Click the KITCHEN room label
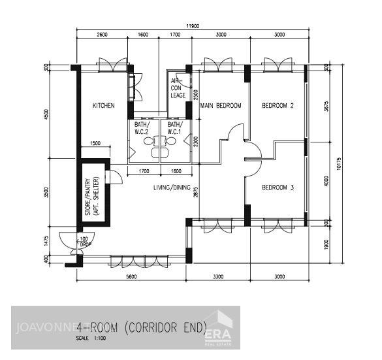[103, 105]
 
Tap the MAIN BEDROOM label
[221, 105]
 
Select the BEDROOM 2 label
[278, 105]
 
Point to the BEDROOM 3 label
[278, 188]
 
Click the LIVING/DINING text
[172, 188]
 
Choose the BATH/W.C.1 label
[174, 127]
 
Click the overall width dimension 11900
[192, 26]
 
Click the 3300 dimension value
[218, 276]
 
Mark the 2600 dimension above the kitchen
[103, 35]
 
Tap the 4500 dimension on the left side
[46, 114]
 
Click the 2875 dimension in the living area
[196, 191]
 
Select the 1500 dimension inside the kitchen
[95, 143]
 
